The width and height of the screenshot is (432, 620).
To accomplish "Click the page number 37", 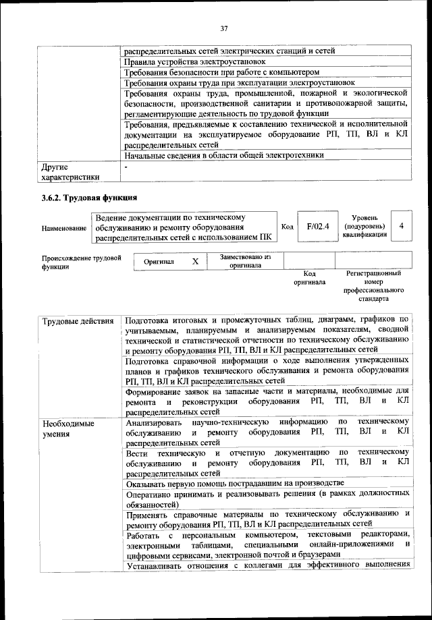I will click(224, 28).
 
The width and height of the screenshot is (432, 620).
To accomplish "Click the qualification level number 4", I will click(402, 227).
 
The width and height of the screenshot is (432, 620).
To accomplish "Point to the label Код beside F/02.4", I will click(287, 227).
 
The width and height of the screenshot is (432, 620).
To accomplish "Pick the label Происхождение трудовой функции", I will click(82, 262).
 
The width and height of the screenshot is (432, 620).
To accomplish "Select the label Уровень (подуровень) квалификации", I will click(364, 227).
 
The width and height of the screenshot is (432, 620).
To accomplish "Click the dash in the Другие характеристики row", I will click(126, 166).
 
